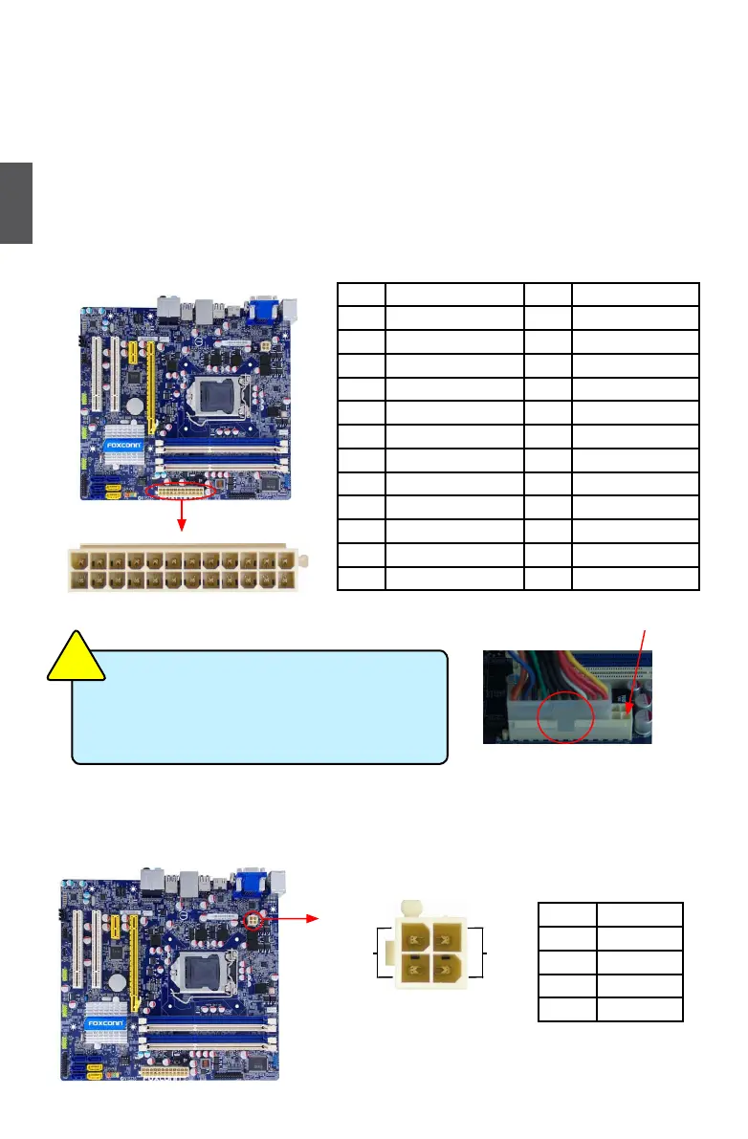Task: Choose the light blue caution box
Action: (259, 707)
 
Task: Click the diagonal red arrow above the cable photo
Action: (639, 669)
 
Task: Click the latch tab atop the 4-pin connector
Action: (412, 906)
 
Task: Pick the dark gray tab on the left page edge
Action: (16, 203)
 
